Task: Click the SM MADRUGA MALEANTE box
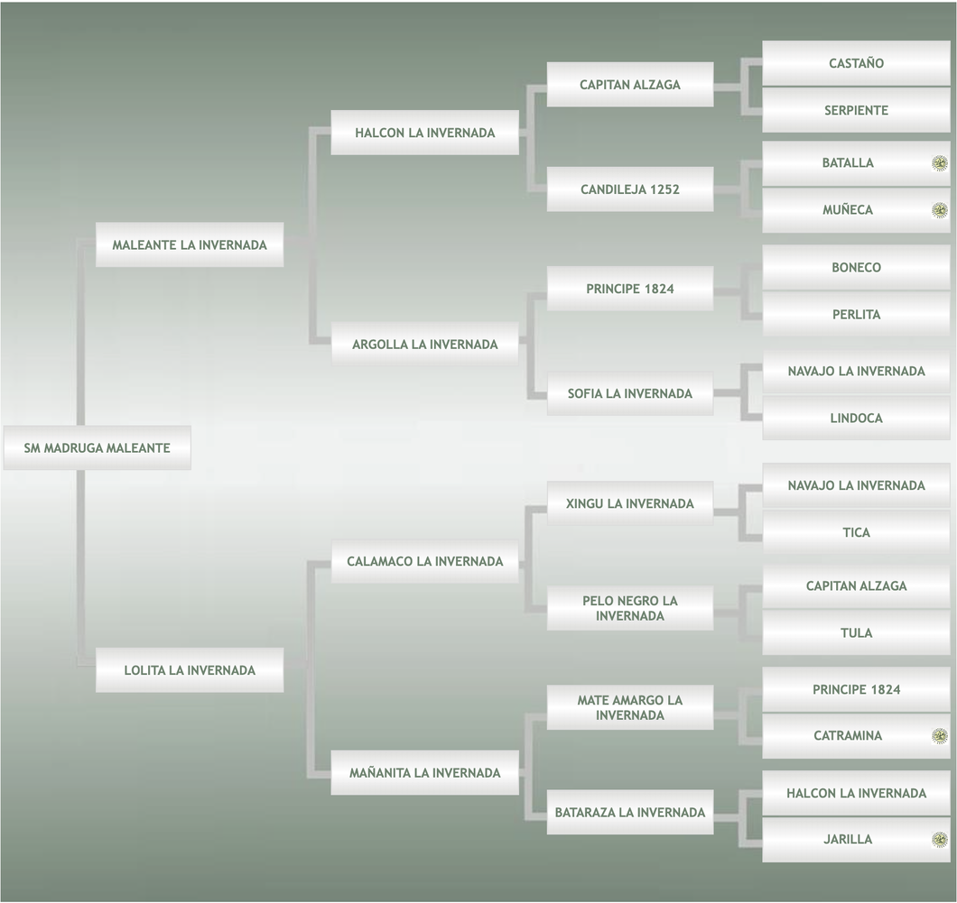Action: click(x=97, y=447)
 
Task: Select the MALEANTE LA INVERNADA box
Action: click(x=190, y=244)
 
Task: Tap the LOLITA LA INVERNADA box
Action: click(x=190, y=670)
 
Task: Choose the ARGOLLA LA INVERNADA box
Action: click(x=424, y=344)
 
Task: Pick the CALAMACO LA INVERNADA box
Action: click(x=424, y=561)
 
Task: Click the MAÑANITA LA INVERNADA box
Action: click(x=424, y=772)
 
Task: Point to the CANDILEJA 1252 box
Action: click(x=630, y=189)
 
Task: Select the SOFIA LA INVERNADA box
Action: click(x=630, y=393)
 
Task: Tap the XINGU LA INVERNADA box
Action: click(x=630, y=503)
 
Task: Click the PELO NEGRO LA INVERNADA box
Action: click(x=630, y=608)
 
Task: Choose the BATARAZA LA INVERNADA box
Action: click(x=630, y=812)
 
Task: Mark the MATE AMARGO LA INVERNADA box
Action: click(x=630, y=707)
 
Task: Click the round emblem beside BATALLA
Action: click(x=940, y=163)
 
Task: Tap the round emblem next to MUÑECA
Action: click(x=940, y=210)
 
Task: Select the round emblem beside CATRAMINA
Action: click(x=940, y=736)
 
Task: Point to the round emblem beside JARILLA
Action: click(x=940, y=840)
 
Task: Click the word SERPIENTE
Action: click(x=856, y=110)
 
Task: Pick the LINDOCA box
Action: click(x=856, y=418)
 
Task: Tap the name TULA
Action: click(x=856, y=632)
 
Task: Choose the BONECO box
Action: click(x=856, y=267)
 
